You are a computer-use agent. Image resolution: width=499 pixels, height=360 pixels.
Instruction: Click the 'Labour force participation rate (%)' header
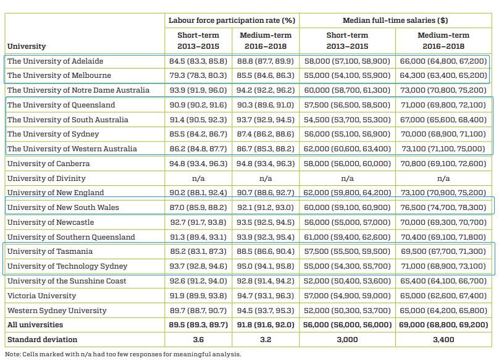(x=232, y=20)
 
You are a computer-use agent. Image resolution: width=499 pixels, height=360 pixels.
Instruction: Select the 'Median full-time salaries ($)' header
(x=395, y=20)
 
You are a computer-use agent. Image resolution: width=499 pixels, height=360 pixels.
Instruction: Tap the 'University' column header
(x=27, y=46)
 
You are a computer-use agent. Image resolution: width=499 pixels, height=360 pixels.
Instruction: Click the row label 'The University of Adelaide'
(x=56, y=61)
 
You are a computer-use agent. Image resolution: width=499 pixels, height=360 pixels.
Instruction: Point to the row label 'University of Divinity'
(x=46, y=178)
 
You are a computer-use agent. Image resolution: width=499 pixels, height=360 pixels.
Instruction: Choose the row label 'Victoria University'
(x=42, y=296)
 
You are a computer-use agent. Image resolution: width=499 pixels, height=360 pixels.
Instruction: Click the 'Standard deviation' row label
(x=43, y=340)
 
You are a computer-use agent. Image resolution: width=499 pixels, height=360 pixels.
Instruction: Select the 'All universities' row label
(x=35, y=325)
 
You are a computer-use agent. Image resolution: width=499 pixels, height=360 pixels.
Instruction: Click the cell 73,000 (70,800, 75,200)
(x=443, y=90)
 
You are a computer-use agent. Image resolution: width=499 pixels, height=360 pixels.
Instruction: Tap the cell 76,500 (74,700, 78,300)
(x=443, y=207)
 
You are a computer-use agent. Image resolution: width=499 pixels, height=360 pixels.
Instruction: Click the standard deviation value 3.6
(x=198, y=340)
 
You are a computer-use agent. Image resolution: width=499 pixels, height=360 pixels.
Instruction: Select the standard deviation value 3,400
(x=443, y=340)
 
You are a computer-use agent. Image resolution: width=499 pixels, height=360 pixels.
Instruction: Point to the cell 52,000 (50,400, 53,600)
(x=347, y=281)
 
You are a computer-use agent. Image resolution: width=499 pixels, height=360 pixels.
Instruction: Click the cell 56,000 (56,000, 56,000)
(x=347, y=325)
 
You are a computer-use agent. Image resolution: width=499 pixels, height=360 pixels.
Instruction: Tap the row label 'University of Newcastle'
(x=51, y=222)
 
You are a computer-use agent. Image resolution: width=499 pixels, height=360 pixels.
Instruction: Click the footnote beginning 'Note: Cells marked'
(x=123, y=354)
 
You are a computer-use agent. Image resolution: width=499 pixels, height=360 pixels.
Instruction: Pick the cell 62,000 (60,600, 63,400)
(x=347, y=149)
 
